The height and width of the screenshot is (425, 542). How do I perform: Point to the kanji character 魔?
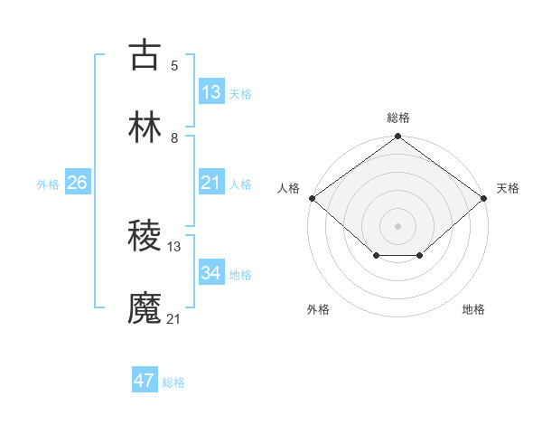click(x=145, y=308)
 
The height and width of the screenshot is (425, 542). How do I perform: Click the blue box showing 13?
click(x=211, y=92)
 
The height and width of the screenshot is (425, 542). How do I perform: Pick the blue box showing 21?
click(x=211, y=184)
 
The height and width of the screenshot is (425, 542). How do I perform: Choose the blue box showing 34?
click(x=211, y=273)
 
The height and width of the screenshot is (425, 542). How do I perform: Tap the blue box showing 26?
click(x=77, y=184)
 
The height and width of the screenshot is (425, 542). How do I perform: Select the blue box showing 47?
click(x=145, y=381)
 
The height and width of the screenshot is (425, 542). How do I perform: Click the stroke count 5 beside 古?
click(x=174, y=65)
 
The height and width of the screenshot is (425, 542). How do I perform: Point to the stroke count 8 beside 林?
click(x=174, y=138)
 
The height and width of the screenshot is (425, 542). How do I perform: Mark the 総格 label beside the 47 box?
click(x=173, y=382)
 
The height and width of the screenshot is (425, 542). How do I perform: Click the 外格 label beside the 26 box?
click(x=48, y=184)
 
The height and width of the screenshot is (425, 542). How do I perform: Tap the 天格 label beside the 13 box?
click(x=240, y=94)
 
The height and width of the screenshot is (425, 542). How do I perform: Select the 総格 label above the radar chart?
click(x=398, y=118)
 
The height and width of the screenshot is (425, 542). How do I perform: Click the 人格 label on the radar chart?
click(x=288, y=188)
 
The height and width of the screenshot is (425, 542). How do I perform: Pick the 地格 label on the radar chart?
click(x=473, y=309)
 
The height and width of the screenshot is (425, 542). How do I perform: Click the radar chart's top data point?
click(x=398, y=137)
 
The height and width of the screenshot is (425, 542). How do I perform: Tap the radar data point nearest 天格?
click(x=485, y=198)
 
